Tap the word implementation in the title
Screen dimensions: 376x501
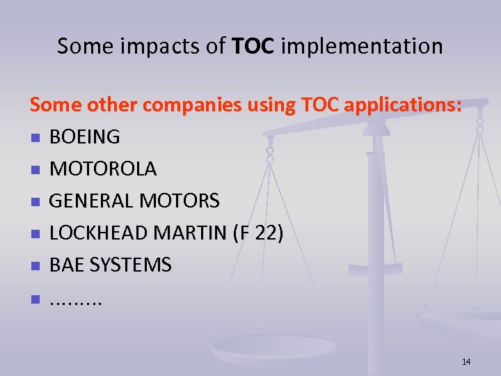(x=363, y=47)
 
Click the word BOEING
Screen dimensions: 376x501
(x=85, y=137)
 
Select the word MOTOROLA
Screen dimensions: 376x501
(x=103, y=169)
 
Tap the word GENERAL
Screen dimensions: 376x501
(x=92, y=201)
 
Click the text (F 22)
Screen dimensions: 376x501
(x=258, y=233)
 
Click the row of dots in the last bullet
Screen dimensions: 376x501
(x=76, y=301)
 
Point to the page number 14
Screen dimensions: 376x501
(x=466, y=361)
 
